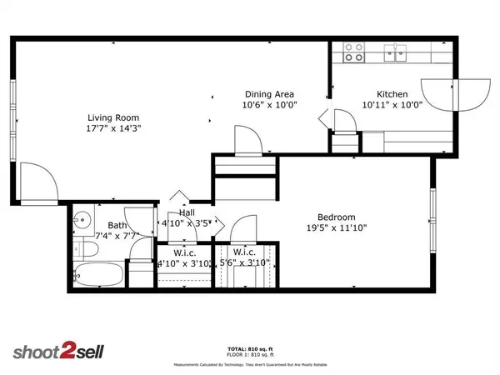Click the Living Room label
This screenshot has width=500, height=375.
[114, 117]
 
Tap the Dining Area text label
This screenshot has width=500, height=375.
[268, 94]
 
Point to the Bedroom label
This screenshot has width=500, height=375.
[337, 217]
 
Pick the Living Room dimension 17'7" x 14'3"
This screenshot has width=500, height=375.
[114, 129]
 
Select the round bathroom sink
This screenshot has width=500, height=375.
[82, 222]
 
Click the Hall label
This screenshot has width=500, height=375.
[188, 213]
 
